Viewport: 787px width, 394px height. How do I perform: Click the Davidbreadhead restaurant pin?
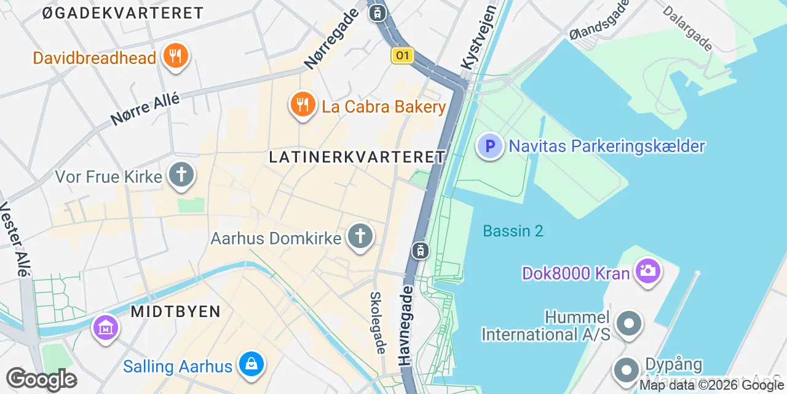click(x=176, y=57)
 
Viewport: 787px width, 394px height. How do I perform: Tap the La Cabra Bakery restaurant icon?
click(x=302, y=105)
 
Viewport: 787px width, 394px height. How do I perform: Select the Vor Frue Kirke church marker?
click(x=181, y=175)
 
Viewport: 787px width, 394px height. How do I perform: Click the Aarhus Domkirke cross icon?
click(x=360, y=236)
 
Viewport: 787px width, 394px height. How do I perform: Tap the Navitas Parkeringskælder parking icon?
click(x=490, y=147)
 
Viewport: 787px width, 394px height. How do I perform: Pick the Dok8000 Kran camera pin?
click(x=647, y=271)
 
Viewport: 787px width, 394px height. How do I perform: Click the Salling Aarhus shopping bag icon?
click(x=251, y=366)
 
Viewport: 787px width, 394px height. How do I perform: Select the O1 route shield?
click(x=401, y=56)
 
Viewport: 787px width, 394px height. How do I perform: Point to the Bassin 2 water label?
click(x=513, y=231)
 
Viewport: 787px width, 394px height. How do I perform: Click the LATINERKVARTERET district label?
click(x=357, y=158)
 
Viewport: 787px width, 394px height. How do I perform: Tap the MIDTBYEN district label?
click(x=176, y=312)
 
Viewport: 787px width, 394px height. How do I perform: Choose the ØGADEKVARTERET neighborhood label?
click(x=123, y=13)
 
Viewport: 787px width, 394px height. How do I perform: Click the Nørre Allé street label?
click(x=145, y=110)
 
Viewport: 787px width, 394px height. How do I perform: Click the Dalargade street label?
click(x=688, y=28)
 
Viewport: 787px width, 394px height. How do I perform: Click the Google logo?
click(x=41, y=380)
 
